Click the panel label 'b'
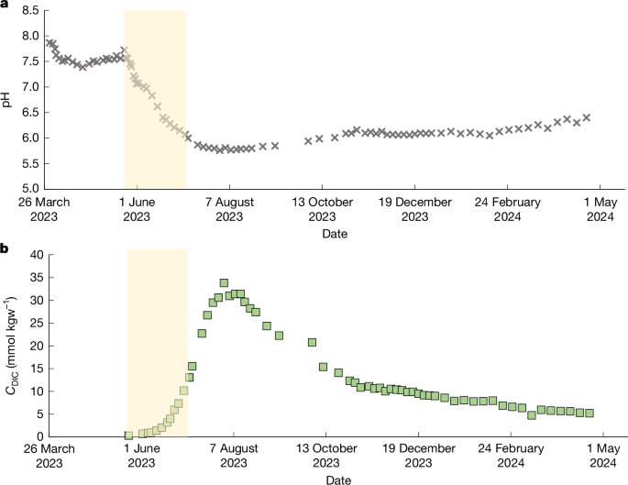(x=6, y=248)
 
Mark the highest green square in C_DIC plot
(x=224, y=283)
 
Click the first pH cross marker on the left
(x=49, y=40)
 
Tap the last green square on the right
(x=589, y=413)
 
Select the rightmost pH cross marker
(x=587, y=117)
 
